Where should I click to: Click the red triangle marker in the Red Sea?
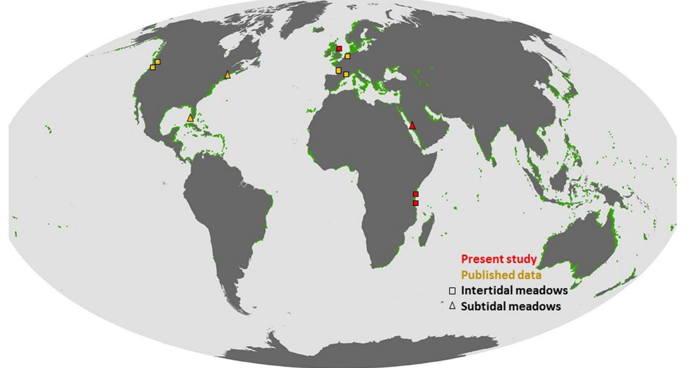tap(412, 125)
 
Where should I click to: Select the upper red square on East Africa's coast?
tap(416, 194)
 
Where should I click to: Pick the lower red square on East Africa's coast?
tap(416, 203)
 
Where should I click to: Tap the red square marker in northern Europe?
tap(339, 49)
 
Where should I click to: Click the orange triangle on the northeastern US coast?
tap(228, 75)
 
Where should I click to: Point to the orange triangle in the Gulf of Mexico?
tap(191, 118)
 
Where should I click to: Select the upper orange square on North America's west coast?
tap(157, 62)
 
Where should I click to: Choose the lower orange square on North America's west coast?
tap(153, 67)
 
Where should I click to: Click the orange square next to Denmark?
tap(347, 56)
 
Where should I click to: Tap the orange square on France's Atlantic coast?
tap(338, 70)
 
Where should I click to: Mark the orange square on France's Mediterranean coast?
tap(346, 74)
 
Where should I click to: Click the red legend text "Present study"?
tap(498, 259)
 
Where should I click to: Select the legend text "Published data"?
tap(501, 275)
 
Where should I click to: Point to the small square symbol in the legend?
tap(452, 291)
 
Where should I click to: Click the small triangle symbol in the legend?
tap(452, 306)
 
